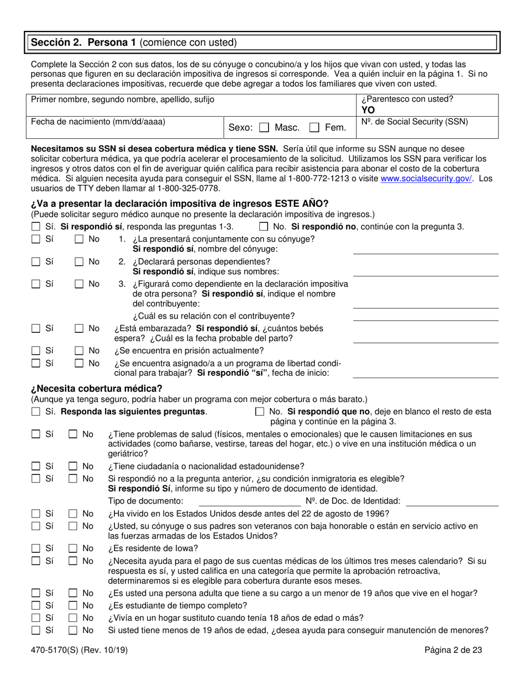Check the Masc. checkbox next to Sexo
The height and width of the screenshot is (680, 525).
click(264, 128)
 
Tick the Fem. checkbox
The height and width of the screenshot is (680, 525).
click(315, 128)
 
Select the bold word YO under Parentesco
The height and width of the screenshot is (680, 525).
click(368, 109)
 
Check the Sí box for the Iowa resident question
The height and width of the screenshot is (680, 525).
click(36, 548)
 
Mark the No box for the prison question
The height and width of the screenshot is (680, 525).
click(79, 351)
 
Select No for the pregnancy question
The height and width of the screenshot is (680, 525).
click(79, 328)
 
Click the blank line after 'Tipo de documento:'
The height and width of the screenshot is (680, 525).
click(250, 502)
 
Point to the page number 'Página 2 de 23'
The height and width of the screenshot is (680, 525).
click(453, 651)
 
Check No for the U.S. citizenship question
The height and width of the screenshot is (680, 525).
click(73, 466)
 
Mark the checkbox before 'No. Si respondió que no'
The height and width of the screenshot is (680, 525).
click(260, 412)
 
